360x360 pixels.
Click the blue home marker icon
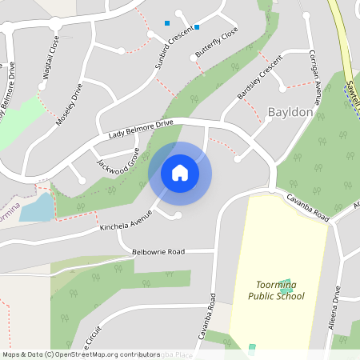tap(180, 173)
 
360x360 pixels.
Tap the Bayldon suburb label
tap(290, 112)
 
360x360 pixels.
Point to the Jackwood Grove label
tap(118, 157)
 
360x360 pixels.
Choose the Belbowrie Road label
tap(158, 251)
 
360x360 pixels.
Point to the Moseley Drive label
tap(70, 105)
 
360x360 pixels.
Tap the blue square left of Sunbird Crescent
tap(167, 23)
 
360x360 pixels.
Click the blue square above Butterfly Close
tap(197, 27)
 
